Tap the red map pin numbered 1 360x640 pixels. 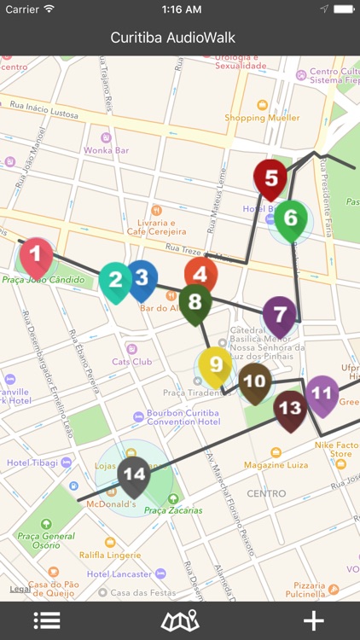[36, 253]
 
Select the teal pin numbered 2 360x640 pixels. [115, 279]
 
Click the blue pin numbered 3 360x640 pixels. [142, 277]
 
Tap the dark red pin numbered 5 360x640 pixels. [270, 178]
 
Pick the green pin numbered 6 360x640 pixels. [291, 218]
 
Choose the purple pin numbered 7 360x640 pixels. [280, 314]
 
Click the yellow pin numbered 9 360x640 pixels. [215, 365]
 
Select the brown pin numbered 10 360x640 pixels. [254, 381]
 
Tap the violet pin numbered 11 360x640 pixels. [322, 393]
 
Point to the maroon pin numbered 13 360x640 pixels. [290, 409]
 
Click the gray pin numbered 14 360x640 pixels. [134, 474]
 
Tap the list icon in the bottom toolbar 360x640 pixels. [47, 621]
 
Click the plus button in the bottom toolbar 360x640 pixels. [314, 621]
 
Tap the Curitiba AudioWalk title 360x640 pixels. [173, 38]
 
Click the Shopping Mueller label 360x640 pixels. [258, 118]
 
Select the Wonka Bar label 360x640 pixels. [105, 150]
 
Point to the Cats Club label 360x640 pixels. [132, 361]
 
